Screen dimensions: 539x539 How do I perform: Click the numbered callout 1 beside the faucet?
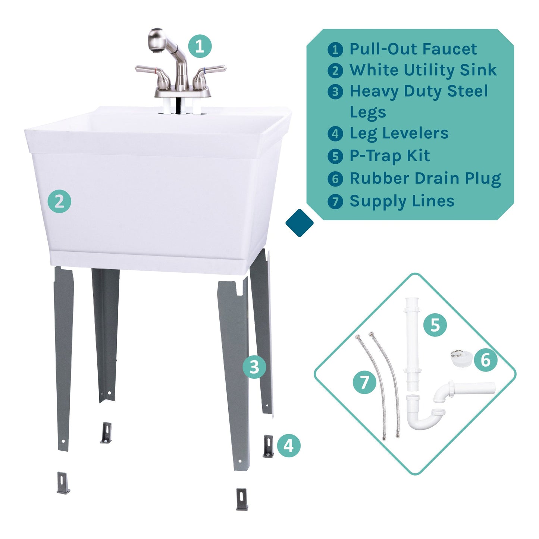[x=200, y=46]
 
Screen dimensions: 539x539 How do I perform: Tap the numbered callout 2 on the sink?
[x=59, y=201]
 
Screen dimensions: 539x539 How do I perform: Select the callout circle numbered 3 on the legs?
[x=254, y=367]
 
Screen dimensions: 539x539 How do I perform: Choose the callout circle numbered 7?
[x=364, y=382]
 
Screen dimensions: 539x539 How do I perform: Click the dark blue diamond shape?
[x=299, y=223]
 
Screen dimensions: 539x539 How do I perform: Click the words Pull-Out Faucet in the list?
[x=413, y=49]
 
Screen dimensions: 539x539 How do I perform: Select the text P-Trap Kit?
[x=389, y=156]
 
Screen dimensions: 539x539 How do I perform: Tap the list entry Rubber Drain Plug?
[x=425, y=178]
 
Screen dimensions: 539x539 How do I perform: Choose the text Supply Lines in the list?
[x=402, y=201]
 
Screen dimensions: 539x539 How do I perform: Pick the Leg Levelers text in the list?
[x=399, y=133]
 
